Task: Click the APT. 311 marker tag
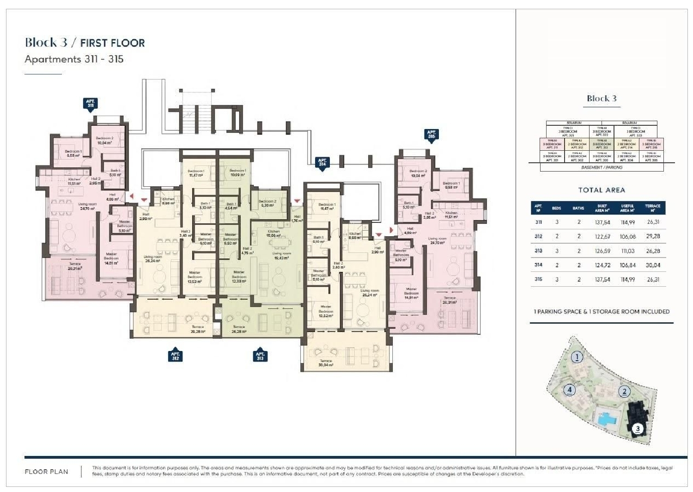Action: coord(91,104)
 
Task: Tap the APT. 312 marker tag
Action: coord(176,355)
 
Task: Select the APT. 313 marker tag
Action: coord(260,355)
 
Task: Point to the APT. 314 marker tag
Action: coord(322,163)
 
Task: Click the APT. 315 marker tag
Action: coord(431,135)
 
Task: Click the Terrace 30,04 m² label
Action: coord(326,363)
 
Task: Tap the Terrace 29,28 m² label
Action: coord(198,329)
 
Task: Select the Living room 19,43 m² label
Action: coord(281,256)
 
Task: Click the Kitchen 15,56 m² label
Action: coord(274,234)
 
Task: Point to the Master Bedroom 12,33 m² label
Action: coord(239,277)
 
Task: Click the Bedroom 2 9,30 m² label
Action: coord(267,203)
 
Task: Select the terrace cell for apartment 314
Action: coord(653,265)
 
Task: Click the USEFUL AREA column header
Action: coord(627,208)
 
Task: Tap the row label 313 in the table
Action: coord(538,251)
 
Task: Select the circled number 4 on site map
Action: coord(570,390)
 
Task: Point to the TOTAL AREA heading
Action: coord(602,190)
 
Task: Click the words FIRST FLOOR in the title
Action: coord(112,43)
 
